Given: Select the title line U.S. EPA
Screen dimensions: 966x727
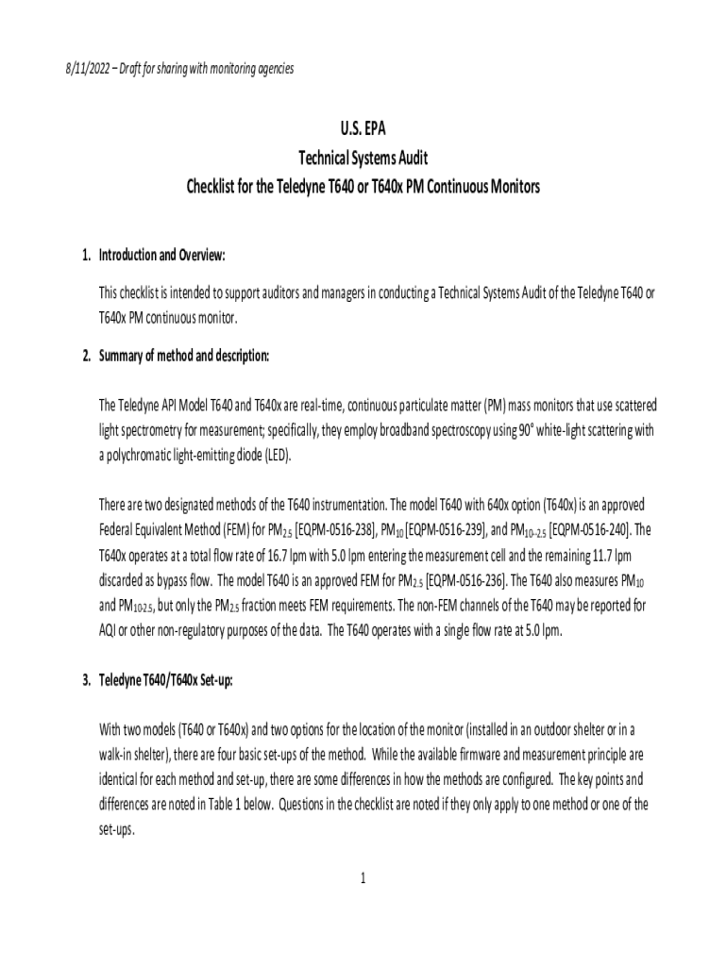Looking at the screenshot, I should (x=363, y=128).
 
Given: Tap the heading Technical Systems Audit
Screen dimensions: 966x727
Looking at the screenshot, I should (x=363, y=158).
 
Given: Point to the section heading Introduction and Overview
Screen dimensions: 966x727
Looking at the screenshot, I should (x=162, y=256).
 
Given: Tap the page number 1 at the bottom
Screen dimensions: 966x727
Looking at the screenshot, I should (x=363, y=879).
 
